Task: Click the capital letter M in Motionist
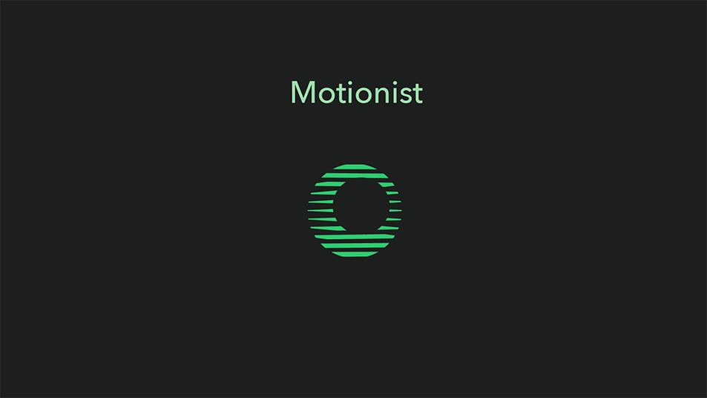[303, 93]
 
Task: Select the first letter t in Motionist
[342, 94]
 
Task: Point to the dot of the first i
[351, 83]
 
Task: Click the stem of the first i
[351, 96]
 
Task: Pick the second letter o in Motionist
[364, 96]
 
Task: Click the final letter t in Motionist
[418, 94]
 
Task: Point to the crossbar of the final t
[418, 90]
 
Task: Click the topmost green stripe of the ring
[355, 166]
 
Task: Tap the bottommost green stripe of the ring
[355, 254]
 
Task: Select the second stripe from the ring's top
[355, 175]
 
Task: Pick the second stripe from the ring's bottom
[355, 246]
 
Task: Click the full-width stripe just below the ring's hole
[355, 237]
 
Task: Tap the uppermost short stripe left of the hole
[331, 184]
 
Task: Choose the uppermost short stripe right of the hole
[387, 184]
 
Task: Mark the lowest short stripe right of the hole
[388, 228]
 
